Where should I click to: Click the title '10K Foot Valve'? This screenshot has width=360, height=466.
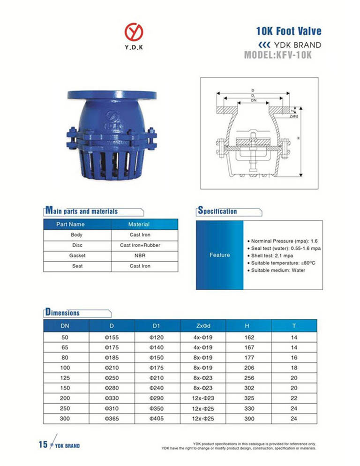(289, 31)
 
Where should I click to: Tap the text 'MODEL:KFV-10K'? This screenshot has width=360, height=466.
(278, 56)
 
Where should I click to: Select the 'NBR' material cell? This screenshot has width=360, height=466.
(140, 256)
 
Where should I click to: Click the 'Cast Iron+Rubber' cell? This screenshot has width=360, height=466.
(140, 245)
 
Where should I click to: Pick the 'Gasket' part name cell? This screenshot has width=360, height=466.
(77, 256)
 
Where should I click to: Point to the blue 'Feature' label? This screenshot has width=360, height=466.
(219, 255)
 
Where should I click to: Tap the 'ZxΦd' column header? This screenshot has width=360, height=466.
(203, 325)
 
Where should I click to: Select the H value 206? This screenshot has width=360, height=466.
(249, 368)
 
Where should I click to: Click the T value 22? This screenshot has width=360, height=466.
(294, 398)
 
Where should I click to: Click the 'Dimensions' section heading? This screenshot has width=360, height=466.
(63, 312)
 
